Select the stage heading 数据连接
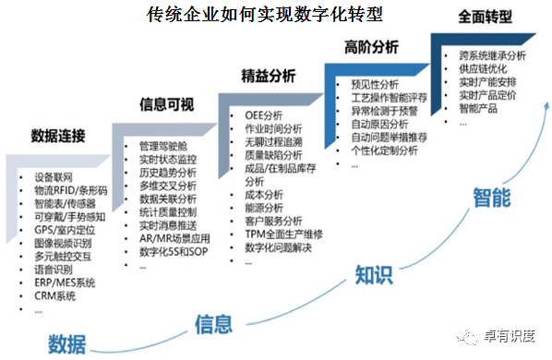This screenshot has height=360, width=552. click(x=57, y=137)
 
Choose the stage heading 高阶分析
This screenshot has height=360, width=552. click(x=372, y=46)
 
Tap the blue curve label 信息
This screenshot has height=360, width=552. click(x=213, y=324)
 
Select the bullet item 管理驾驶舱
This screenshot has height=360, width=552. click(x=163, y=146)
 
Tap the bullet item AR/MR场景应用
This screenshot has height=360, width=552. click(x=175, y=237)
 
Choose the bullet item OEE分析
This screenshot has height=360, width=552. click(x=264, y=116)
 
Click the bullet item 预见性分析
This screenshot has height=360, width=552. click(x=376, y=82)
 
